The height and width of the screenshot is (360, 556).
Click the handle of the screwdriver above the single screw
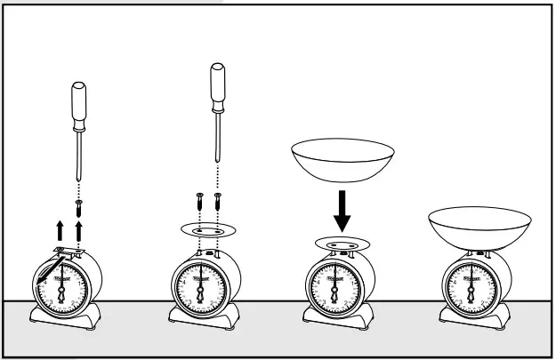tap(77, 102)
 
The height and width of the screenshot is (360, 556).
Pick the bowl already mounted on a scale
tap(479, 227)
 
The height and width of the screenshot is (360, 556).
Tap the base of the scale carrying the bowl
tap(472, 318)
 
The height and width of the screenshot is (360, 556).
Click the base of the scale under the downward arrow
tap(337, 318)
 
